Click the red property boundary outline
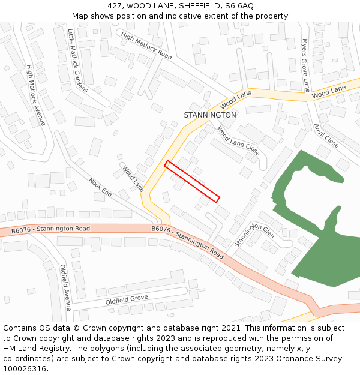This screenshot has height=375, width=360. [192, 181]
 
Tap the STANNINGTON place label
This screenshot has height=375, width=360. [210, 115]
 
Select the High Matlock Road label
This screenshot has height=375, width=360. [146, 46]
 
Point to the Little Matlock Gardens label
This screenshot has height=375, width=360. [77, 61]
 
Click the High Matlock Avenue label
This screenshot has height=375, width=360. [36, 95]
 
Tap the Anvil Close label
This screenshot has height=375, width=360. [326, 136]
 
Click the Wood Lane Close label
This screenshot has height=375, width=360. [238, 141]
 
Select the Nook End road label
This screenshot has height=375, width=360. [100, 188]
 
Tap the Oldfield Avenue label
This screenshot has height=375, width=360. [65, 287]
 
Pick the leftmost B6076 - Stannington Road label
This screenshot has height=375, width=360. [50, 229]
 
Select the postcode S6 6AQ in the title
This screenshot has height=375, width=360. [239, 5]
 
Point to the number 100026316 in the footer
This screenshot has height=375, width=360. [25, 368]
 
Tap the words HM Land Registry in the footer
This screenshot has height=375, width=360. [34, 348]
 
